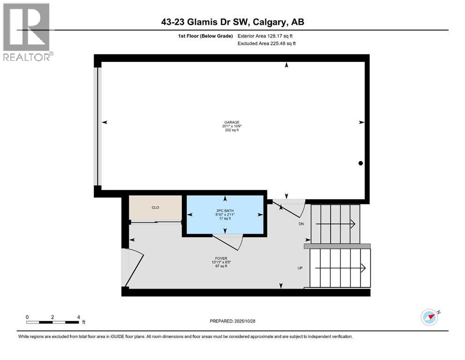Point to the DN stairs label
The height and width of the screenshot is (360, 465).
click(302, 224)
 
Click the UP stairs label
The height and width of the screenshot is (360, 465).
click(301, 268)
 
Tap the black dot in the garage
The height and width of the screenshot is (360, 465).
click(361, 163)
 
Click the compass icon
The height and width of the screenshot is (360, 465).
click(429, 317)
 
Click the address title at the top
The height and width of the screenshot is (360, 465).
click(233, 22)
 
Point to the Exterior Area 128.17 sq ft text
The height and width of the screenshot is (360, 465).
click(266, 36)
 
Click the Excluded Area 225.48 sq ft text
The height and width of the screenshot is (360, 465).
click(267, 43)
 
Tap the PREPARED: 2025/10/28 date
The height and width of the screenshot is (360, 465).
click(232, 321)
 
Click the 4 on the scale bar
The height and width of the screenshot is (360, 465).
click(78, 317)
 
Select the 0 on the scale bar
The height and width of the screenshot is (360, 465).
click(27, 317)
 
